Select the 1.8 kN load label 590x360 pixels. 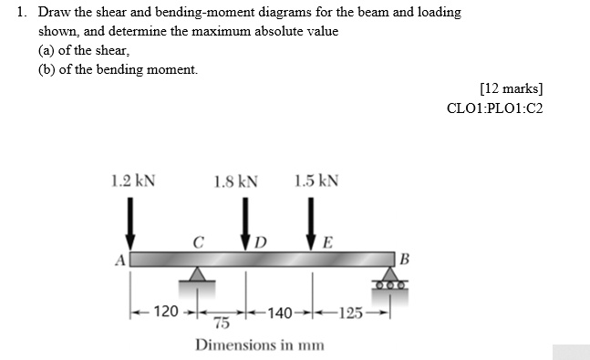235,180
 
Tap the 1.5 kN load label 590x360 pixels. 316,180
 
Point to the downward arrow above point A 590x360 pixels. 131,223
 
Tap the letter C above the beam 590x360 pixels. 197,242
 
